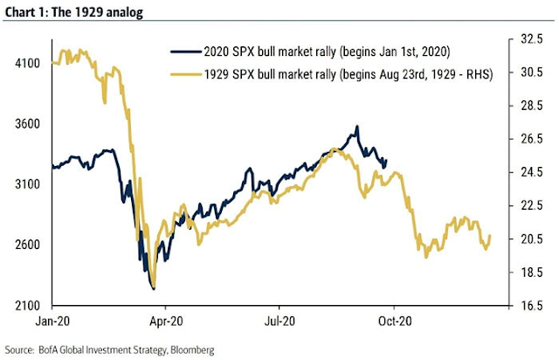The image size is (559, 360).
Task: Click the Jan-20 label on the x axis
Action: [x=52, y=320]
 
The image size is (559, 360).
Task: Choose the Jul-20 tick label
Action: [x=280, y=320]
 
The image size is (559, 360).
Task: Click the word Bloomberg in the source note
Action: [x=188, y=350]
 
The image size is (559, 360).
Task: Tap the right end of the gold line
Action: [x=491, y=235]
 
